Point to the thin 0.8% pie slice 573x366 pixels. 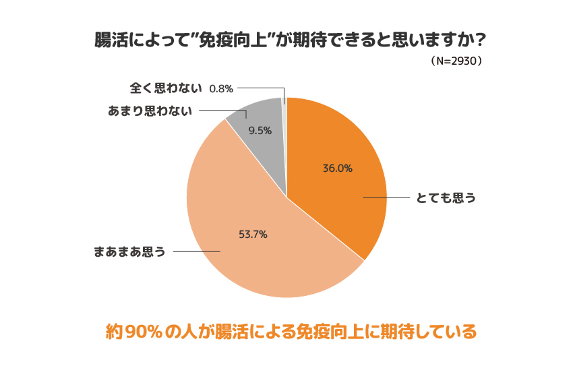(x=284, y=101)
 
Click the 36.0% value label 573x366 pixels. (x=338, y=169)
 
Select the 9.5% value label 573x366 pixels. (x=260, y=131)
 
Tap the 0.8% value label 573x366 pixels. (x=221, y=88)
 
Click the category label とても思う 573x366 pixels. (x=446, y=197)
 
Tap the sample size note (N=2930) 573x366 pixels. (x=457, y=61)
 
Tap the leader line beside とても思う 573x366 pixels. (x=386, y=197)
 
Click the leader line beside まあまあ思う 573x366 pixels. (x=198, y=252)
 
